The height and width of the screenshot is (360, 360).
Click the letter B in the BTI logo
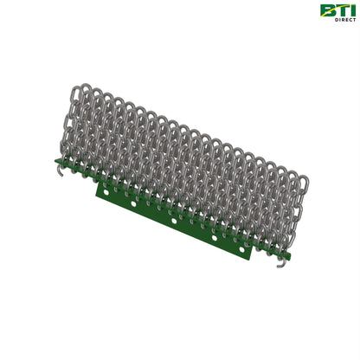coord(326,10)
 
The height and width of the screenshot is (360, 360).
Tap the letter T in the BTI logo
coord(339,10)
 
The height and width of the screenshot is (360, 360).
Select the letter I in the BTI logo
coord(351,10)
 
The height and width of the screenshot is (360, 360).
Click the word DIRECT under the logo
coord(345,20)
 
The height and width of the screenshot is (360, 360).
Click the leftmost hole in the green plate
coord(106,192)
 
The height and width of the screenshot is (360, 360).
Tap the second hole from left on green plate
coord(133,204)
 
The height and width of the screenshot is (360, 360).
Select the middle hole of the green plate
coord(174,221)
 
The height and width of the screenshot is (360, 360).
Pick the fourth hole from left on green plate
coord(215,238)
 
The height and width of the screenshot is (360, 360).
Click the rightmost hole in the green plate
coord(241,248)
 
